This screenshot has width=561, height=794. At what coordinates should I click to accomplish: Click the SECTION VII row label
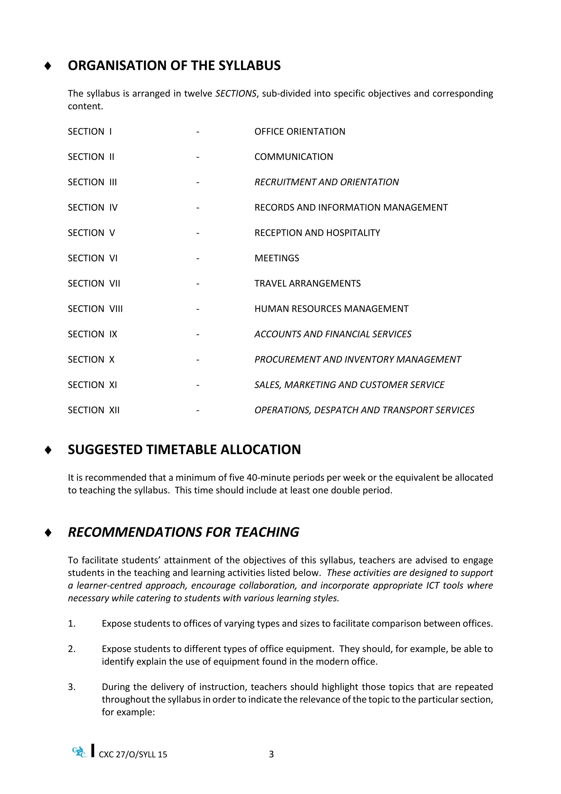(x=94, y=283)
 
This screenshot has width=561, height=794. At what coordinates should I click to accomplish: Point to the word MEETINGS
(x=277, y=258)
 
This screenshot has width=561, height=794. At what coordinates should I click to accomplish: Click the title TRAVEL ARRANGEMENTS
(x=307, y=283)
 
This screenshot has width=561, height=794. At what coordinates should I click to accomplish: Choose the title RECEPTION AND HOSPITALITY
(x=317, y=233)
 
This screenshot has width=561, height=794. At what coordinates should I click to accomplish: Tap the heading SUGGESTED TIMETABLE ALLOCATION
(x=184, y=450)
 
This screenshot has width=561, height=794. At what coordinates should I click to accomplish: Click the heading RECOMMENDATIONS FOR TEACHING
(x=184, y=532)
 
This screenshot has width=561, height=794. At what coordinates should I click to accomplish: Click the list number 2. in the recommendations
(x=72, y=649)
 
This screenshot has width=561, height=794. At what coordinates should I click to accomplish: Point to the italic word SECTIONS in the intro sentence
(x=236, y=94)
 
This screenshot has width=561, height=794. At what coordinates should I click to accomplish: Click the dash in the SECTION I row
(x=198, y=132)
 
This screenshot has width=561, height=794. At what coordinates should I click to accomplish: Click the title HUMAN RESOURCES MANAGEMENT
(x=331, y=309)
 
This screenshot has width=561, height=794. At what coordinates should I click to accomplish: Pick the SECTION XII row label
(x=94, y=410)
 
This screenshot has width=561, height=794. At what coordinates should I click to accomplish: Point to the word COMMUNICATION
(x=294, y=157)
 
